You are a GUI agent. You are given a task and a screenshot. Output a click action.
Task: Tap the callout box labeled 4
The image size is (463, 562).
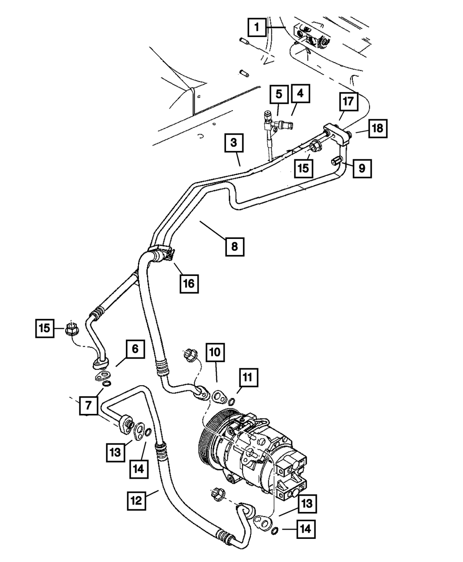(x=300, y=94)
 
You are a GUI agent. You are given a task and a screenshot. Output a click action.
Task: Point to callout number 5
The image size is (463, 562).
(x=279, y=94)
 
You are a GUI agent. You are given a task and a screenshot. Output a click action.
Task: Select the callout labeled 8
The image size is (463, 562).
(x=235, y=246)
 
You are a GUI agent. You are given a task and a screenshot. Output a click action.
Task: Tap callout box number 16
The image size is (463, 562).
(x=189, y=283)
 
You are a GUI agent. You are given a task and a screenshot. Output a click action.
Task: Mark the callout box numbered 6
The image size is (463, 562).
(x=135, y=349)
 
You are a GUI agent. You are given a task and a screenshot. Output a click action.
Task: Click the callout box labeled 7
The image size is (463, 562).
(x=88, y=406)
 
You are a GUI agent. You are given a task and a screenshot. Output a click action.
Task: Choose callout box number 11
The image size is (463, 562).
(x=248, y=378)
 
